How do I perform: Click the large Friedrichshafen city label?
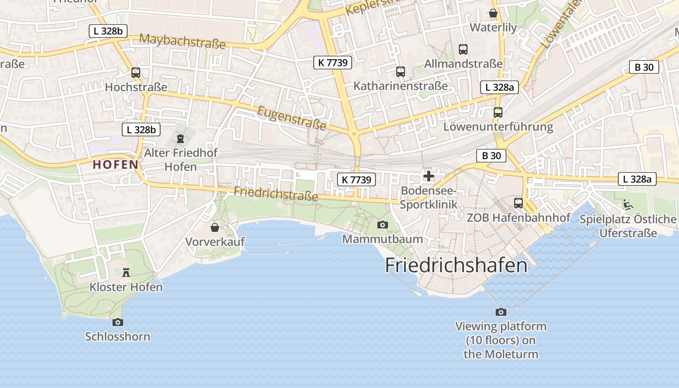[456, 265]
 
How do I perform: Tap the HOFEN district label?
[115, 164]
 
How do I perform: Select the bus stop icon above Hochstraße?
[136, 73]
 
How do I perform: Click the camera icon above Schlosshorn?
[117, 322]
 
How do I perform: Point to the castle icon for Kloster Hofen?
[126, 272]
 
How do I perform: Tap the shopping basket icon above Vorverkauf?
[215, 227]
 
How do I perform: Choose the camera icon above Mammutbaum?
[383, 225]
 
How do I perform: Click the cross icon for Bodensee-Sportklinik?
[429, 176]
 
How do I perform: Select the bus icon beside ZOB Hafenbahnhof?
[518, 203]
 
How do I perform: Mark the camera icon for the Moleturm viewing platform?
[501, 312]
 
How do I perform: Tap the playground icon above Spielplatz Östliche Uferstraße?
[628, 205]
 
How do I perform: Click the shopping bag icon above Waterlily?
[493, 13]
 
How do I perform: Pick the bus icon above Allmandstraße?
[463, 49]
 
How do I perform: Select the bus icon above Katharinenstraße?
[401, 72]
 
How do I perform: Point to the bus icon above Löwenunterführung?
[498, 113]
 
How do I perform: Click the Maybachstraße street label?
[182, 41]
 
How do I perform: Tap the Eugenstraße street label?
[291, 118]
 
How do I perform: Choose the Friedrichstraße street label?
[276, 194]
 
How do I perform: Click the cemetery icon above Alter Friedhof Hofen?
[180, 139]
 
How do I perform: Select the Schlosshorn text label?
[117, 337]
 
